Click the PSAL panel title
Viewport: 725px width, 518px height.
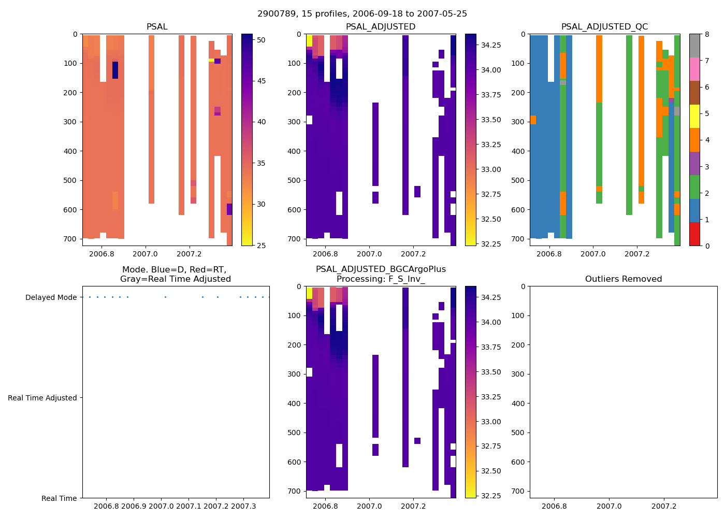pos(157,27)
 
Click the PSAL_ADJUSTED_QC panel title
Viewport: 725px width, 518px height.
pos(604,27)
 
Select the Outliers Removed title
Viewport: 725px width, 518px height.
pos(624,279)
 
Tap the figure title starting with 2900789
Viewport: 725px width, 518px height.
pos(362,14)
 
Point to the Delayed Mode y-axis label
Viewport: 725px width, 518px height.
pos(51,297)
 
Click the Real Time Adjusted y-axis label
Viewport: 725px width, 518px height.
pos(42,398)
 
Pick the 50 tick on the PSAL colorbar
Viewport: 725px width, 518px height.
pos(261,40)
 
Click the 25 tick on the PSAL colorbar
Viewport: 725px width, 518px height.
pos(261,246)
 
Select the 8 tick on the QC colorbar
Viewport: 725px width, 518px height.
pos(707,34)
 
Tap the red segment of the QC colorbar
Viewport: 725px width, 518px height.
pos(694,234)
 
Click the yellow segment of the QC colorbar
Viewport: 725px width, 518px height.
pos(694,117)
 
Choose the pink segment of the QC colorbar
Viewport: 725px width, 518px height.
pos(694,69)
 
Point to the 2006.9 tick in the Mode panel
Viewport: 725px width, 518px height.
pos(134,506)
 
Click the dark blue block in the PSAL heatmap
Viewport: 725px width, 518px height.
pos(115,70)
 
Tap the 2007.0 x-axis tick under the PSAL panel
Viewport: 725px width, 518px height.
pos(145,254)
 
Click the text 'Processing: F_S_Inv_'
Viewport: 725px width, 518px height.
pos(381,279)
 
